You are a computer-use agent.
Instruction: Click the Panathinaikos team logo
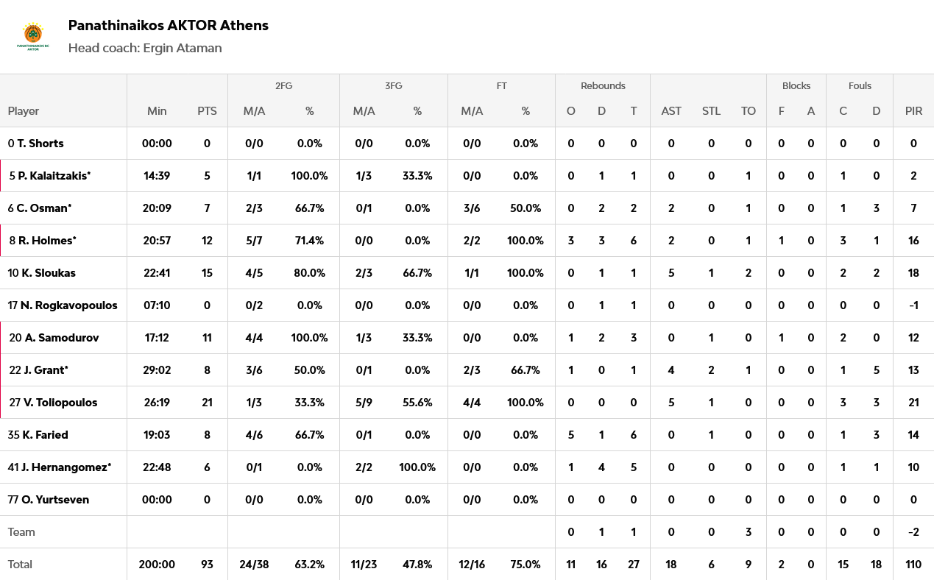pos(33,36)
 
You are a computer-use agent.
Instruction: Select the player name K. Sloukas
pos(49,273)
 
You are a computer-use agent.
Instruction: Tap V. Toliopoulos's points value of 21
pos(207,403)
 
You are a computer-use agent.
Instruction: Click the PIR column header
pos(913,111)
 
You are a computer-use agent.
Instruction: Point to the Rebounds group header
pos(603,86)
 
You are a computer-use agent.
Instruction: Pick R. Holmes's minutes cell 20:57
pos(157,241)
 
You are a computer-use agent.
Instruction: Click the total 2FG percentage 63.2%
pos(310,565)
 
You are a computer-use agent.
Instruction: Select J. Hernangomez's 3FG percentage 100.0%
pos(417,467)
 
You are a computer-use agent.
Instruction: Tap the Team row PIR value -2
pos(913,532)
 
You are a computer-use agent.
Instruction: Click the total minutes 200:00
pos(157,565)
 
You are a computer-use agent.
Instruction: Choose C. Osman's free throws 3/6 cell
pos(472,208)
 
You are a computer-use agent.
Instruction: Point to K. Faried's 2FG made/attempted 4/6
pos(253,435)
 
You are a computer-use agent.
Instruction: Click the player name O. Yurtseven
pos(55,500)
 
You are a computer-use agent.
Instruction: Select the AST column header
pos(671,111)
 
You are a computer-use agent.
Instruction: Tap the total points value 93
pos(207,565)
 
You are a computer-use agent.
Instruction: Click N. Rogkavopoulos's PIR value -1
pos(913,305)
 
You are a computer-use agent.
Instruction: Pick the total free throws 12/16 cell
pos(472,565)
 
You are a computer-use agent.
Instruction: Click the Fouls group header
pos(860,86)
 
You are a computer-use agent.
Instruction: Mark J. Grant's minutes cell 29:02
pos(157,370)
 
